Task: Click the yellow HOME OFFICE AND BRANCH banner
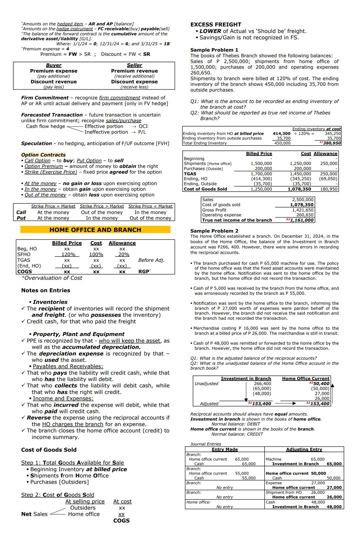[95, 230]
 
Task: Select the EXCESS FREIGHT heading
[215, 25]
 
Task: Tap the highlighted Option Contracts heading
[43, 155]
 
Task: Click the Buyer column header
[54, 65]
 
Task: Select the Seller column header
[134, 65]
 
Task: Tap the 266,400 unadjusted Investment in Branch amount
[262, 384]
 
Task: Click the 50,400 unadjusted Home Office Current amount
[321, 384]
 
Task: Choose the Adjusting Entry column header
[304, 449]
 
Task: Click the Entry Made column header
[225, 449]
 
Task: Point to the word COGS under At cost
[121, 521]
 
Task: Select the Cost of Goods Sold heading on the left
[49, 450]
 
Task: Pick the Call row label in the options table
[21, 213]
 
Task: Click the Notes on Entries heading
[46, 290]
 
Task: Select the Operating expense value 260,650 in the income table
[305, 215]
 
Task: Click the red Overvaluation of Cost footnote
[52, 278]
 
